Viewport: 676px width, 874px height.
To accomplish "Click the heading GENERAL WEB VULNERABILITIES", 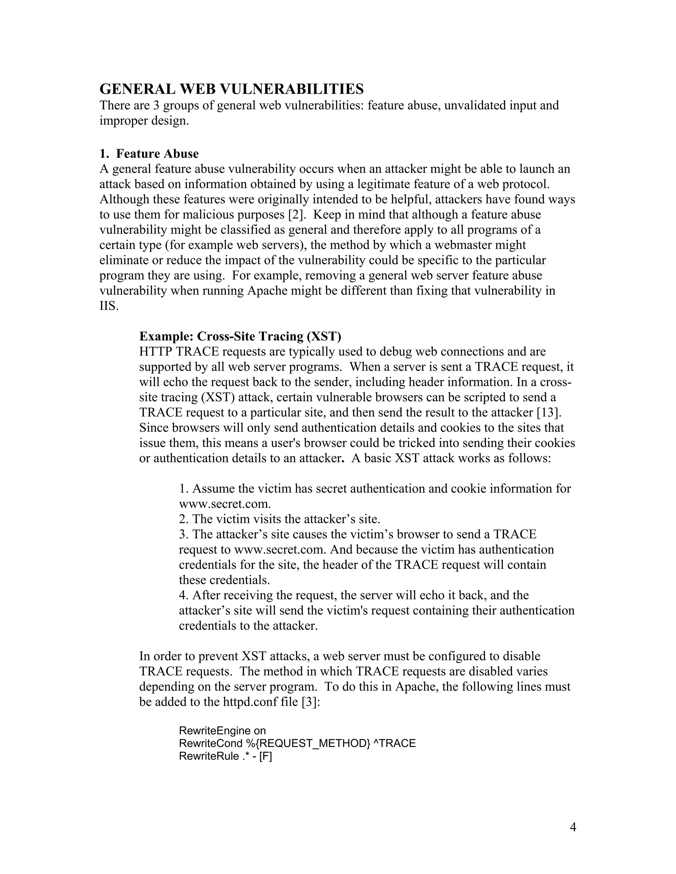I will click(231, 89).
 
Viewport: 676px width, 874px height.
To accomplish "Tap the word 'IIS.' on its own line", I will click(109, 306).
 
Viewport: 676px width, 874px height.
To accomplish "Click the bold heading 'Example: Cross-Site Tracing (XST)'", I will click(240, 336).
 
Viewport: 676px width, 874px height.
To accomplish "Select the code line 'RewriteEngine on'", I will click(222, 731).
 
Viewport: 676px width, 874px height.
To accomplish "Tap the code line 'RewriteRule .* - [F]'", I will click(225, 756).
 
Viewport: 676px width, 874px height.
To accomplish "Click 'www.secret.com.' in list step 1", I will click(225, 504).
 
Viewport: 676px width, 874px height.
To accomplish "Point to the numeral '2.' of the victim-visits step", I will click(184, 519).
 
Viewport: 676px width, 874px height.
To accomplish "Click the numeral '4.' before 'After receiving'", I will click(184, 595).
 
